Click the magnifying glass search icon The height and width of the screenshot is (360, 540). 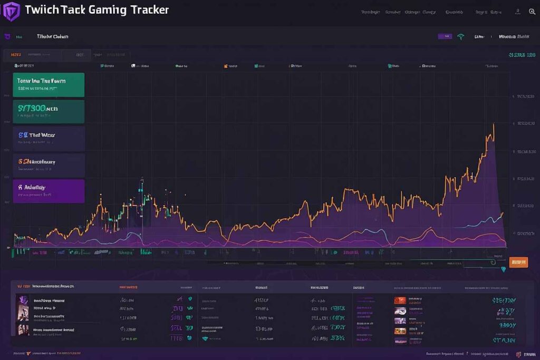pos(532,12)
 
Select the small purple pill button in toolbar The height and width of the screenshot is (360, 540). pos(445,37)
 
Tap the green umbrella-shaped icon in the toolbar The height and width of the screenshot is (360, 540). pos(461,37)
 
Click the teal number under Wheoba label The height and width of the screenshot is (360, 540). pos(522,55)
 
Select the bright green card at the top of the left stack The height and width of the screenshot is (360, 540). pos(49,85)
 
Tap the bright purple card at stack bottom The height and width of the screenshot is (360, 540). pos(49,191)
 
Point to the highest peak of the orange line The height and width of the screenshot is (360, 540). pos(494,124)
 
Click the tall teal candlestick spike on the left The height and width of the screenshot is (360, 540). pos(142,186)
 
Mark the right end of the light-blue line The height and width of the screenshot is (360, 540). pos(503,213)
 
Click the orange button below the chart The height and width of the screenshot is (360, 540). pos(519,262)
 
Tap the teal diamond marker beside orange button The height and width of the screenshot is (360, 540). pos(503,269)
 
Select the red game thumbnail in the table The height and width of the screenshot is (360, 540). pos(400,300)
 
